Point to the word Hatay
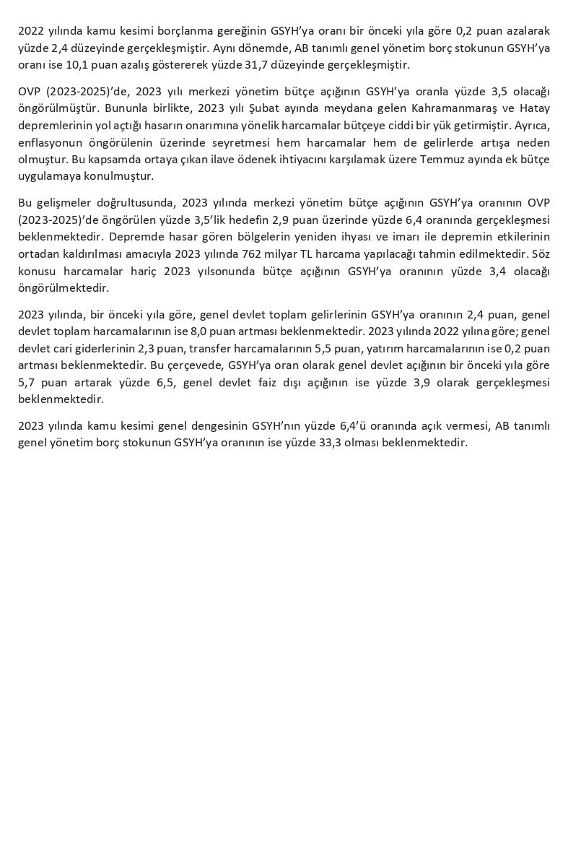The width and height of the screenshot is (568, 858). [x=535, y=108]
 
